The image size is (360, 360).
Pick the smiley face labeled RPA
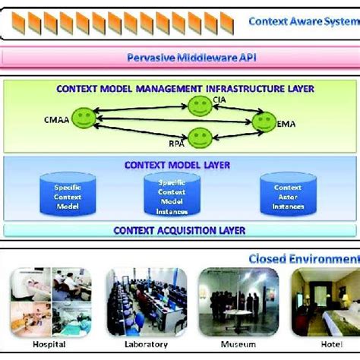point(199,137)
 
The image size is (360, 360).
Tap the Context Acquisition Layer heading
point(179,230)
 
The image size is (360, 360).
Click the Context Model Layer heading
point(178,165)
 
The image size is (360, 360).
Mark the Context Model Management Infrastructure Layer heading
point(185,89)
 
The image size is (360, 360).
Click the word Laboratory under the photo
point(137,343)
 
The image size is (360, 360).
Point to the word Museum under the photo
point(228,343)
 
